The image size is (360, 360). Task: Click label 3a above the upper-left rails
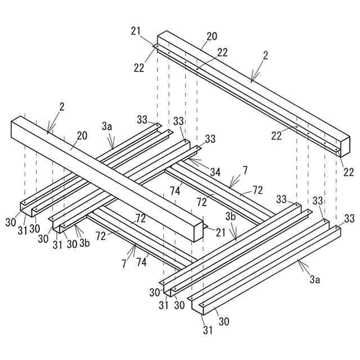[107, 127]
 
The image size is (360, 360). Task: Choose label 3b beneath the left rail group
[84, 243]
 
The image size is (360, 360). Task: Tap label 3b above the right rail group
[231, 216]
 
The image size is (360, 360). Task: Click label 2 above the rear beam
[265, 56]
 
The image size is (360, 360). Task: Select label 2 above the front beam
[61, 106]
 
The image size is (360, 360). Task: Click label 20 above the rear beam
[211, 37]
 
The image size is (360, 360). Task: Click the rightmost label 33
[349, 218]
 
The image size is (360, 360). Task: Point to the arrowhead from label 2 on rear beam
[252, 80]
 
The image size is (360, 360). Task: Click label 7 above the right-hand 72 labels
[245, 170]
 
